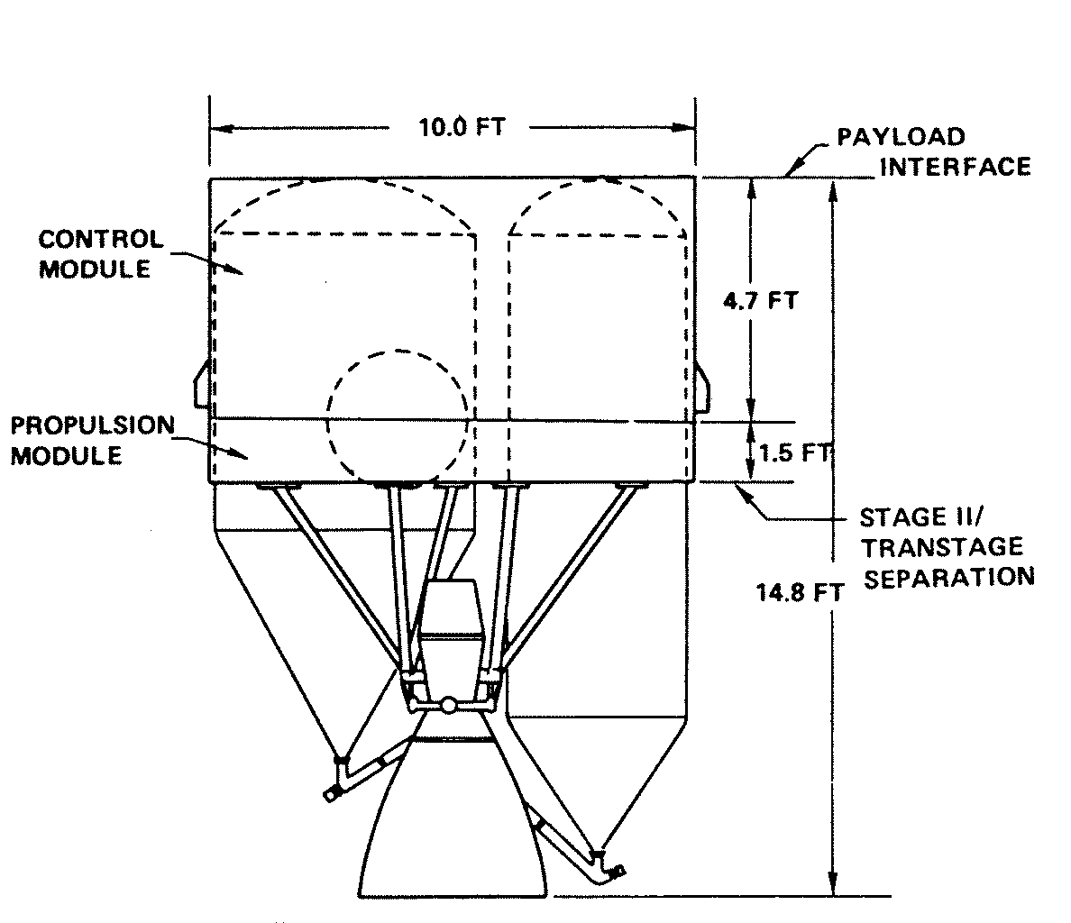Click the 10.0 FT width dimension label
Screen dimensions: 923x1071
(461, 127)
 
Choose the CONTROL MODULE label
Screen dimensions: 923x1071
(100, 253)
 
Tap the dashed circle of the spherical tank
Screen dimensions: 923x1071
(398, 415)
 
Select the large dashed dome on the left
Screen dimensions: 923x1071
(345, 204)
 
